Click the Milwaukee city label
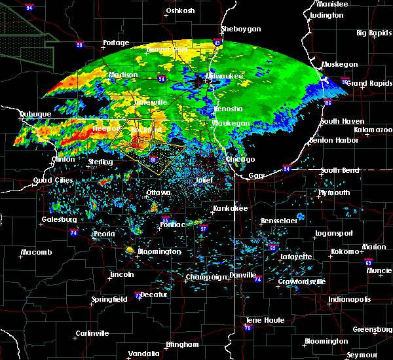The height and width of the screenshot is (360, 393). pos(227,77)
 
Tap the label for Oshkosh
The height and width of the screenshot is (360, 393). pos(181,10)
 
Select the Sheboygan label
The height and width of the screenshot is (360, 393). pos(241,29)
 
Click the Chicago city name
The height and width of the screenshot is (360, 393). pos(240,159)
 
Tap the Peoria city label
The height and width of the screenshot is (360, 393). pos(104,234)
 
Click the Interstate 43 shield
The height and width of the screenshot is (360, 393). pos(217,43)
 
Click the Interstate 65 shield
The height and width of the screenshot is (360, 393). pos(272,248)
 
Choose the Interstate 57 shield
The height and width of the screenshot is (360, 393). pos(204,229)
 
